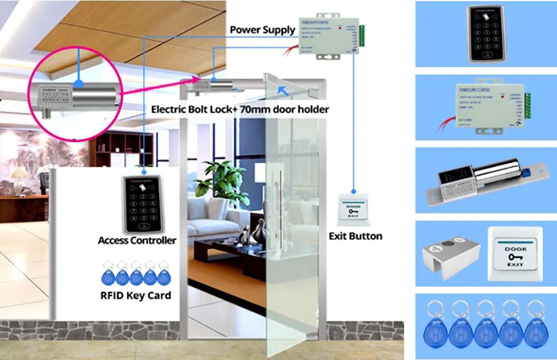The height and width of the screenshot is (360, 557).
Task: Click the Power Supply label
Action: (x=262, y=30)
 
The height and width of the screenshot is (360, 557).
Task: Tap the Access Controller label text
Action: (x=137, y=240)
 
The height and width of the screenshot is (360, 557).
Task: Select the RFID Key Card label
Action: (x=135, y=295)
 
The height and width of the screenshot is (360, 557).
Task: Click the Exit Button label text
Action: (x=355, y=235)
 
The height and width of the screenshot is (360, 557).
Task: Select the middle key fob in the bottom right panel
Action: (x=487, y=327)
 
